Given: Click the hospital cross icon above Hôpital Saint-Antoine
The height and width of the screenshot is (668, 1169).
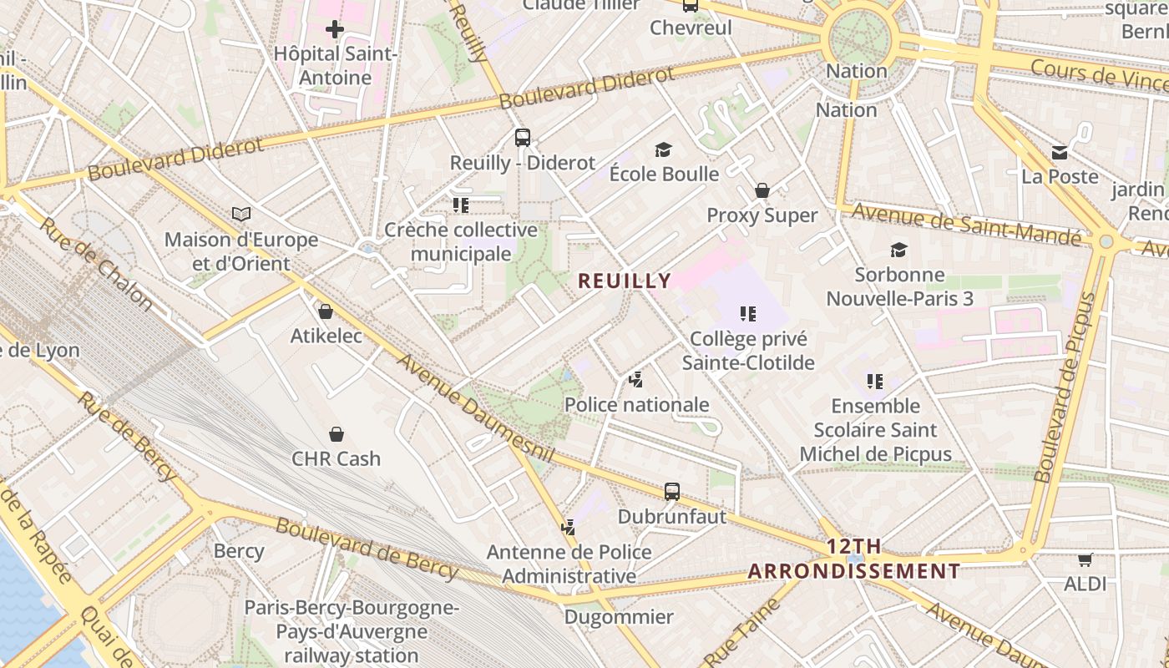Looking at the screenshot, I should [x=335, y=30].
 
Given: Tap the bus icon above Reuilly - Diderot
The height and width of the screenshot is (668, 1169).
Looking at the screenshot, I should [x=523, y=138].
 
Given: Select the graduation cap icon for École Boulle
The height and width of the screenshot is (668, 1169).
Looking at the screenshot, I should [x=663, y=149].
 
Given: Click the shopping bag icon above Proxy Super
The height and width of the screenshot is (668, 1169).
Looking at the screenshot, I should [x=762, y=190].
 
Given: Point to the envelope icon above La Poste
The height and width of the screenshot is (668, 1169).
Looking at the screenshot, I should [x=1060, y=152].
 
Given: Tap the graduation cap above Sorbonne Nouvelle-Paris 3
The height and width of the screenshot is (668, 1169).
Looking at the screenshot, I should [x=899, y=250].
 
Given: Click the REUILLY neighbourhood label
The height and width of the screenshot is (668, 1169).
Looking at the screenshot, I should [x=625, y=281].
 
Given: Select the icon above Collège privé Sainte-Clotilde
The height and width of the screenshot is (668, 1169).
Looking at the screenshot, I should [x=747, y=314].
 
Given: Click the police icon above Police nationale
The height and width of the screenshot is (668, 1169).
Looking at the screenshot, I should [x=636, y=380].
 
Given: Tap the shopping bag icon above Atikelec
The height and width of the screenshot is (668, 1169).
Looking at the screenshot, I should [x=326, y=311].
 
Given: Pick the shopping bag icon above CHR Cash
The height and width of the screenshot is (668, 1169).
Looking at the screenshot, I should [x=336, y=434].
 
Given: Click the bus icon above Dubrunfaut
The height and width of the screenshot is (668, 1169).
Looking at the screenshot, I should [x=672, y=492].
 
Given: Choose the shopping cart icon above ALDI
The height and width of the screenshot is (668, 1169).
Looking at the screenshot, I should [x=1085, y=559].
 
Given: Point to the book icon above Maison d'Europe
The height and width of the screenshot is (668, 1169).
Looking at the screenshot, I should [x=241, y=215].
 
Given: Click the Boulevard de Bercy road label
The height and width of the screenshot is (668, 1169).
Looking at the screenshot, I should [x=367, y=549].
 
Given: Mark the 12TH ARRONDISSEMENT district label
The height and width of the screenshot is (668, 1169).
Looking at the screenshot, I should [x=854, y=559].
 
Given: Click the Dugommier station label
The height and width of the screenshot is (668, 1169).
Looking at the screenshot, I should [x=619, y=617].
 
